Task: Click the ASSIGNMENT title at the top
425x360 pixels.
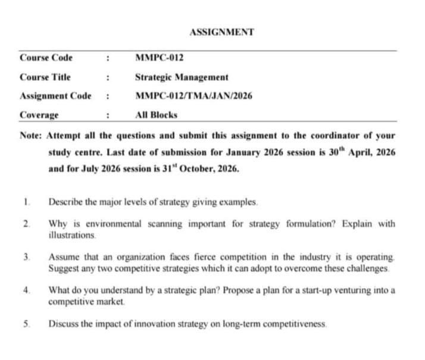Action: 221,32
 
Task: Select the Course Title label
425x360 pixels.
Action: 45,77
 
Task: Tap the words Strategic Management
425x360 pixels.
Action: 182,77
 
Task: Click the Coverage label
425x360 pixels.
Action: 39,115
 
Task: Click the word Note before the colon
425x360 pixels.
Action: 30,135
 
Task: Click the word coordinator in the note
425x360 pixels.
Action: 330,135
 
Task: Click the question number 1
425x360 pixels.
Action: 27,202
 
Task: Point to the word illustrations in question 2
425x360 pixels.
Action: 71,235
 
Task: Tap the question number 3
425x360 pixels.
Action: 27,257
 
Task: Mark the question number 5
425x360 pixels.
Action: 27,324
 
